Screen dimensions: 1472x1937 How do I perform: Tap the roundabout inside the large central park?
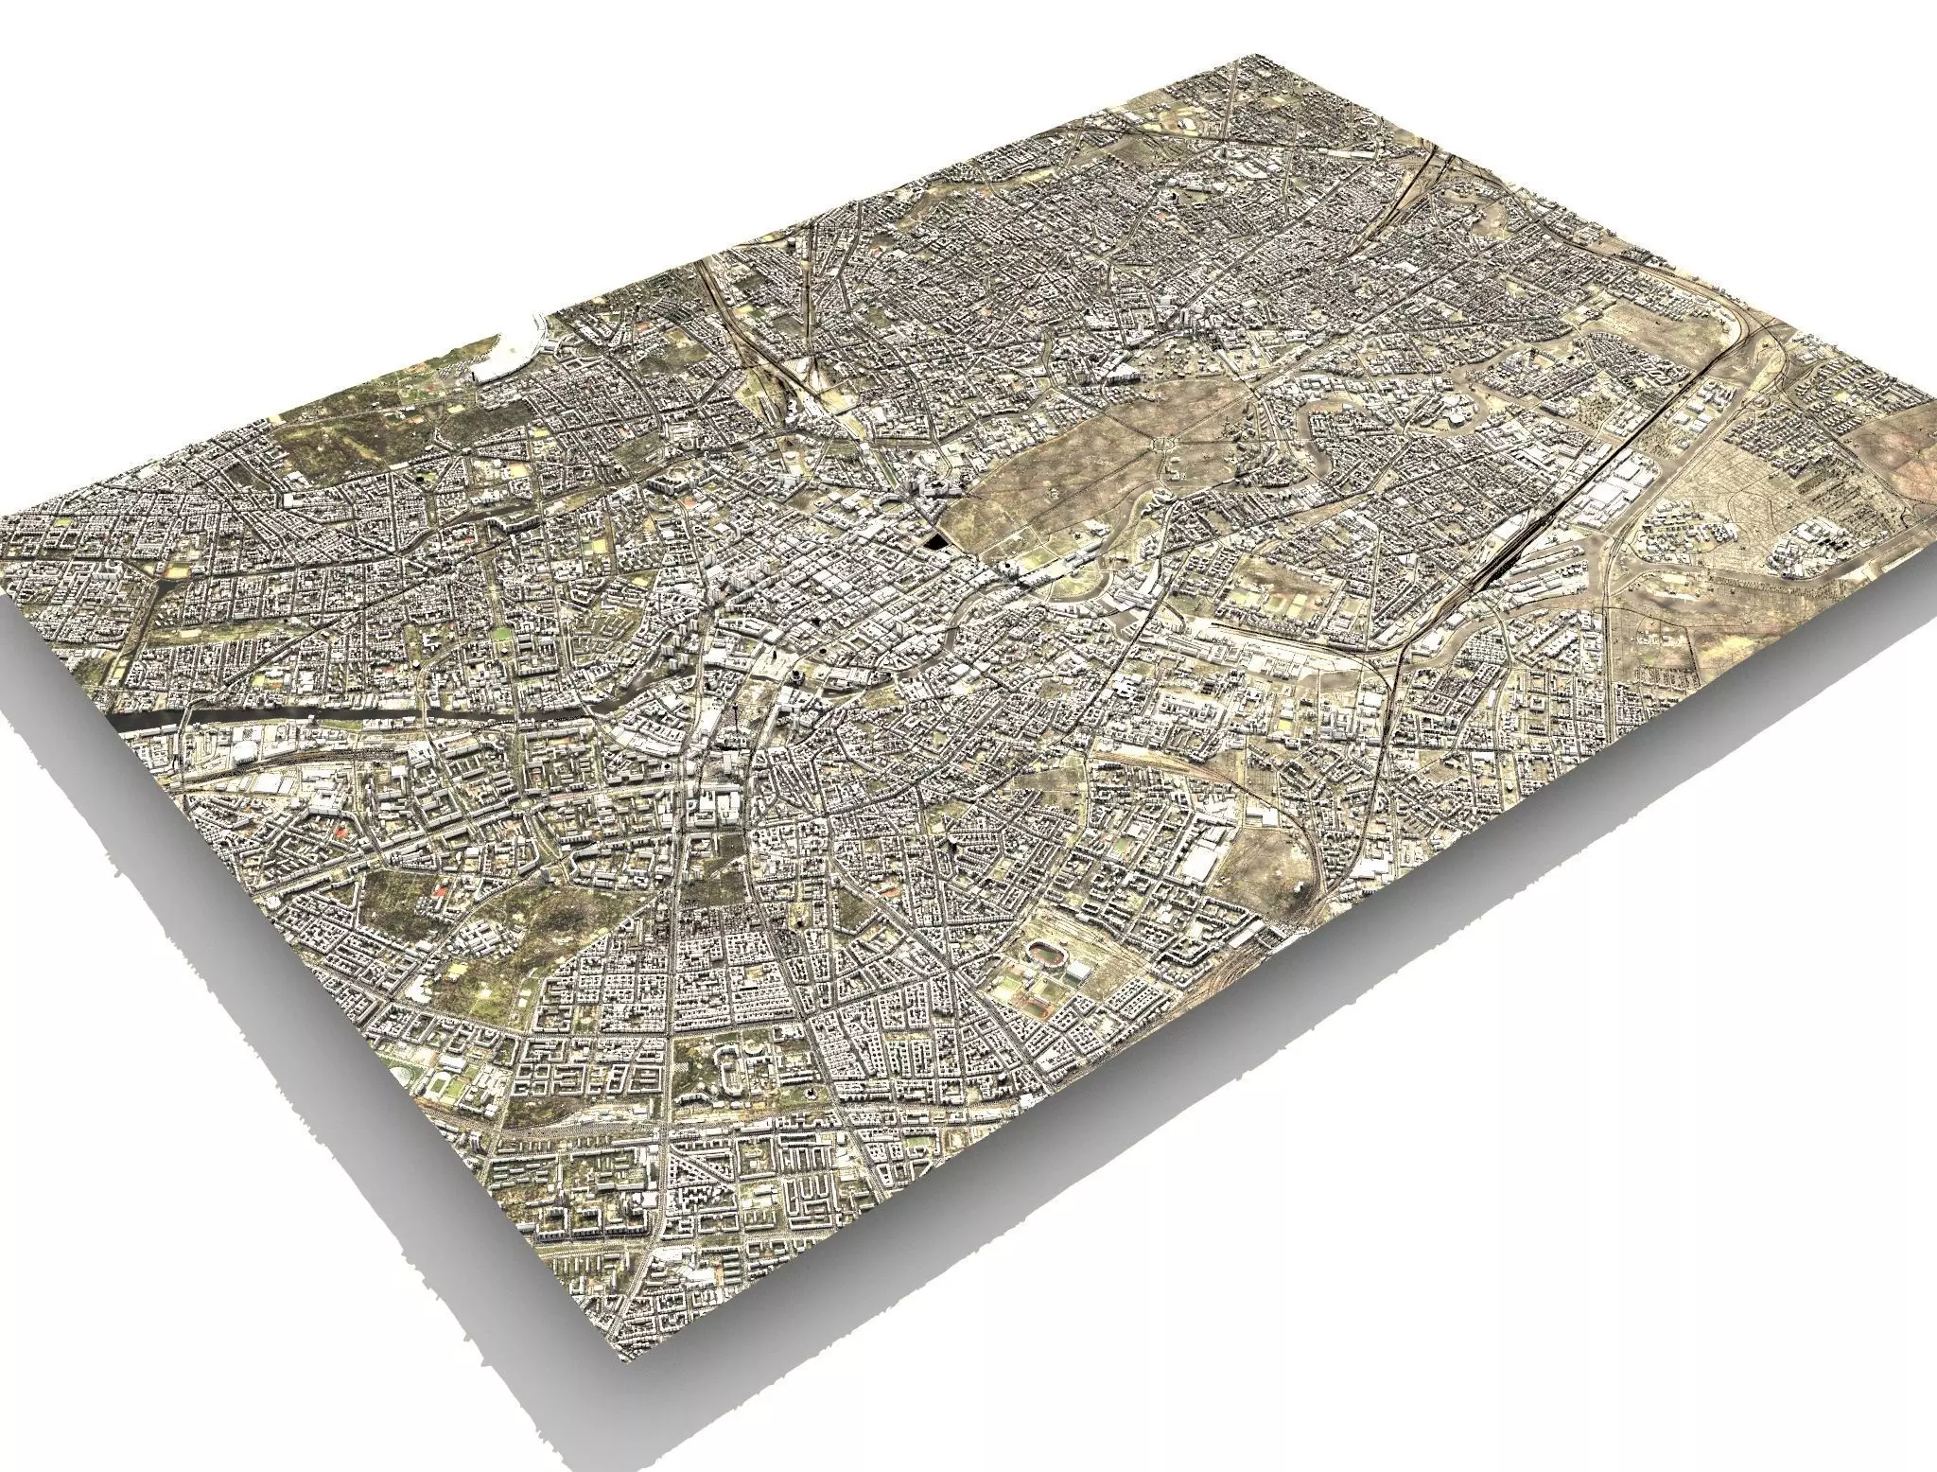coord(1161,441)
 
